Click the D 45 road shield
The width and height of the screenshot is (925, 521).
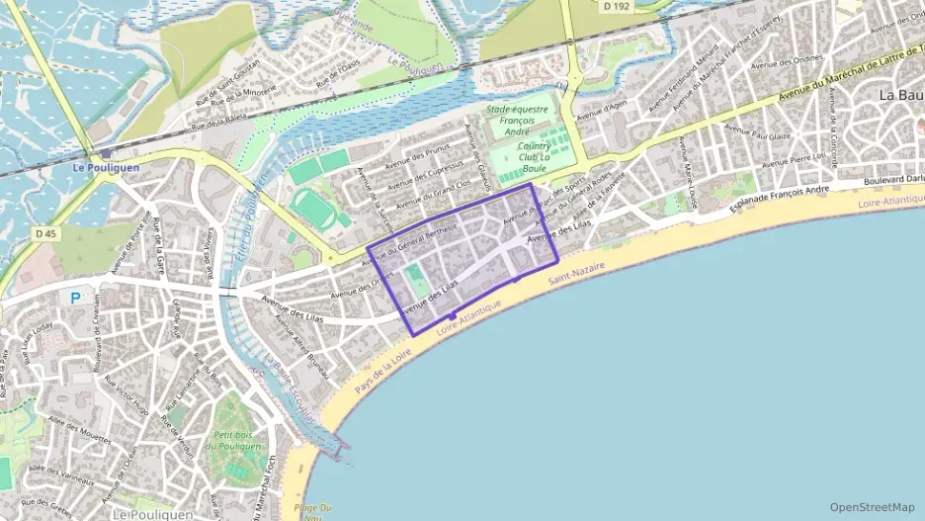point(42,233)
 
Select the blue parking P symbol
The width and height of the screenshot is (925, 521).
point(75,297)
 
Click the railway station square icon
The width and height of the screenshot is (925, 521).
point(105,153)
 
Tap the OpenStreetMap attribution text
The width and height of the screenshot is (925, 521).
point(872,507)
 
